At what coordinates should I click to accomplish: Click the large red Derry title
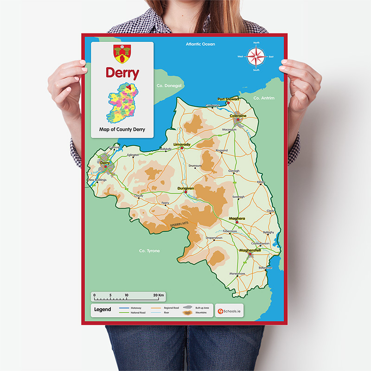pos(122,73)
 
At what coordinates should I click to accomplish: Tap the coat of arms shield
pos(122,53)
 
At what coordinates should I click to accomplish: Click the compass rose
pos(256,57)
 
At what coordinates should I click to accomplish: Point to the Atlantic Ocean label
pos(201,45)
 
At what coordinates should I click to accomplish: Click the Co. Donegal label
pos(170,86)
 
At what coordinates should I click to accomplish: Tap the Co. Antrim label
pos(263,98)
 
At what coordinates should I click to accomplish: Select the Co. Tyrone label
pos(149,251)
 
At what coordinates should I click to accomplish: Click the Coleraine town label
pos(238,116)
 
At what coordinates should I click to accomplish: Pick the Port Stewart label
pos(228,99)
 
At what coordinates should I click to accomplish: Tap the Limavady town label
pos(182,145)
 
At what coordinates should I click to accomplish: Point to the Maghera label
pos(237,218)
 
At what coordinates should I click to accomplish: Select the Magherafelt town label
pos(250,250)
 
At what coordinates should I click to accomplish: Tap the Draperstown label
pos(214,238)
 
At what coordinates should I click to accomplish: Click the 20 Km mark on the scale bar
pos(158,295)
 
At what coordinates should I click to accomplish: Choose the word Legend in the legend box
pos(102,309)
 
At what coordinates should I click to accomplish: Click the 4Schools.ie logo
pos(230,310)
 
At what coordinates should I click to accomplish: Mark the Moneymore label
pos(237,274)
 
